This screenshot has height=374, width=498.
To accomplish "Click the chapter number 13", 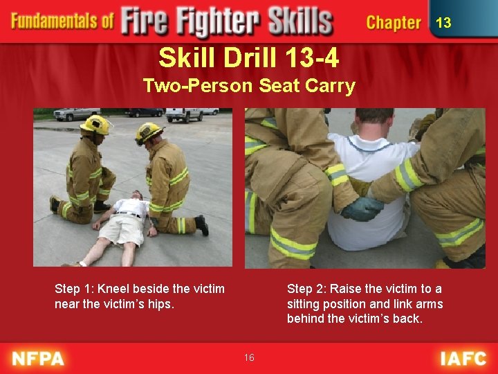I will (x=443, y=23).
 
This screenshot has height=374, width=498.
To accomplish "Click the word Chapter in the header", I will (x=393, y=23).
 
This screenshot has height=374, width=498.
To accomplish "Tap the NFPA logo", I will (x=38, y=359).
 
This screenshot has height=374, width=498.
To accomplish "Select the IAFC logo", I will (x=463, y=359).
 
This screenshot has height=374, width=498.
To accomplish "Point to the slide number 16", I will (x=249, y=357).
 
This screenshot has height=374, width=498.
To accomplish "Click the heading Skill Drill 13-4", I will (x=248, y=58).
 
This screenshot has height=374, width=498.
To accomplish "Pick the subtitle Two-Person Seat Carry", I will (x=248, y=87).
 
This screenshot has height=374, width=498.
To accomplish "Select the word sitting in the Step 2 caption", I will (x=304, y=304).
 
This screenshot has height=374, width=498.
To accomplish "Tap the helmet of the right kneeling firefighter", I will (x=149, y=132).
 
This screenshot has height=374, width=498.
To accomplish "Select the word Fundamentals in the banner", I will (x=62, y=21).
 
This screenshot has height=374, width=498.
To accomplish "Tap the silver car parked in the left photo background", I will (x=76, y=114).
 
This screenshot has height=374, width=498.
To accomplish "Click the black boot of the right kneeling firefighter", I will (x=201, y=225).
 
